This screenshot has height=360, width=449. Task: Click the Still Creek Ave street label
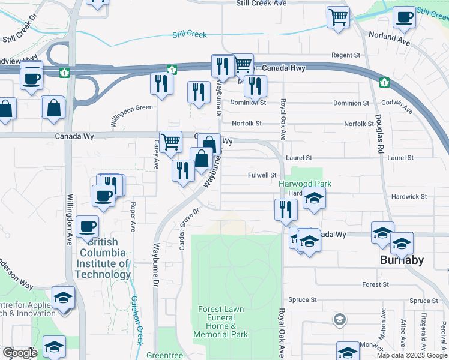click(x=261, y=3)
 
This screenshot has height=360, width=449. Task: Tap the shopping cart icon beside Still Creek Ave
click(x=338, y=17)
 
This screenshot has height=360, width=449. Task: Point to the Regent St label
click(x=345, y=55)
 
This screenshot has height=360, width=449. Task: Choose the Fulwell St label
click(x=262, y=175)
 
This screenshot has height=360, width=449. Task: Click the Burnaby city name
click(x=402, y=260)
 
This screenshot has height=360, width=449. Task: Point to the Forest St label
click(x=376, y=284)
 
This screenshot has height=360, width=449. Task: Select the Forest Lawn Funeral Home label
click(x=221, y=322)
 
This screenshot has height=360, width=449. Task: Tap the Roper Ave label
click(x=133, y=217)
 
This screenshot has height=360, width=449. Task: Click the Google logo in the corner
click(x=20, y=353)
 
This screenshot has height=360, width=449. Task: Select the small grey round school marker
click(x=340, y=319)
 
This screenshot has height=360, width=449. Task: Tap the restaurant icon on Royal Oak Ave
click(x=286, y=209)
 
